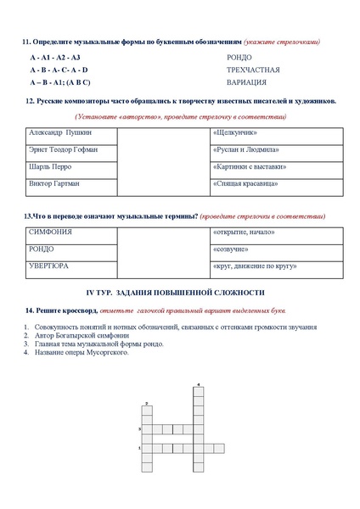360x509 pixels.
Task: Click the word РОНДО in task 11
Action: coord(239,57)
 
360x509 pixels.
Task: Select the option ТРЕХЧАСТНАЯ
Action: coord(253,70)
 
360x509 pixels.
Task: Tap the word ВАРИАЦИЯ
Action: coord(247,82)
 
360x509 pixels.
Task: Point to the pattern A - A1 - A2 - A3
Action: coord(53,57)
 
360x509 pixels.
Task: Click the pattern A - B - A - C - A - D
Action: coord(58,70)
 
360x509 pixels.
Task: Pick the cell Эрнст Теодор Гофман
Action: coord(64,149)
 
